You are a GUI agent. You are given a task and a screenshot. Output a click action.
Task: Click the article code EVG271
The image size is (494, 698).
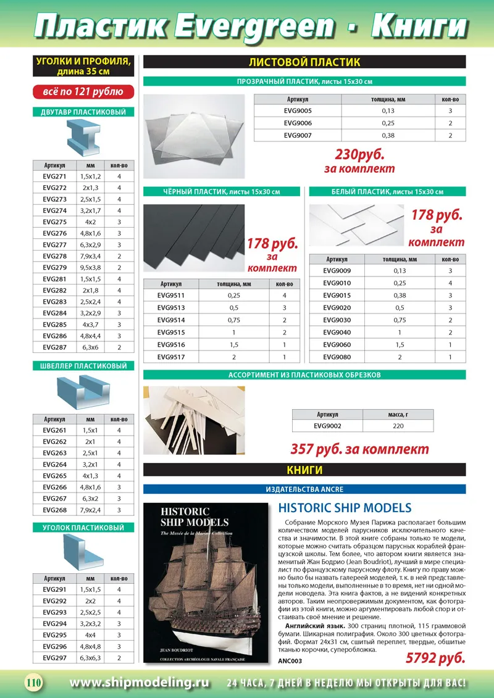(x=55, y=177)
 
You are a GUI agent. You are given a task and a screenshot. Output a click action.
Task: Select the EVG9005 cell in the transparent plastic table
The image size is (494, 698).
(x=298, y=111)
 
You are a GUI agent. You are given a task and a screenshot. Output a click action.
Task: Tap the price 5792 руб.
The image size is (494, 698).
(x=435, y=658)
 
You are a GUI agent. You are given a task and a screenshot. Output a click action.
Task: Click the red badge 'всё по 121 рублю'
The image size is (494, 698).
(x=83, y=92)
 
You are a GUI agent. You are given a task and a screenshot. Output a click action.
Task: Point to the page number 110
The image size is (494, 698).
(x=33, y=683)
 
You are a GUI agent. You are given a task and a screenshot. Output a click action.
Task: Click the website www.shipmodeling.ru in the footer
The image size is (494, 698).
(x=140, y=683)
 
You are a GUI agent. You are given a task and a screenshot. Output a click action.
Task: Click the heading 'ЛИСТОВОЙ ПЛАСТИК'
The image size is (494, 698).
(x=304, y=62)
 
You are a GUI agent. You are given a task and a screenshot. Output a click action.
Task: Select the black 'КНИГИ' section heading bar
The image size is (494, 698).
(x=304, y=470)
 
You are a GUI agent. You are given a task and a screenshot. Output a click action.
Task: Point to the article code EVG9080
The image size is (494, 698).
(x=337, y=357)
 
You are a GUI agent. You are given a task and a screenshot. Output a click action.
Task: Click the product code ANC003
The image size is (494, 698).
(x=290, y=661)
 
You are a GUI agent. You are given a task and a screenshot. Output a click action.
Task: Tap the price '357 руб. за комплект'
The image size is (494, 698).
(x=359, y=449)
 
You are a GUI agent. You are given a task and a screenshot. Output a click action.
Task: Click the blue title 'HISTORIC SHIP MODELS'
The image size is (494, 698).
(x=345, y=508)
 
